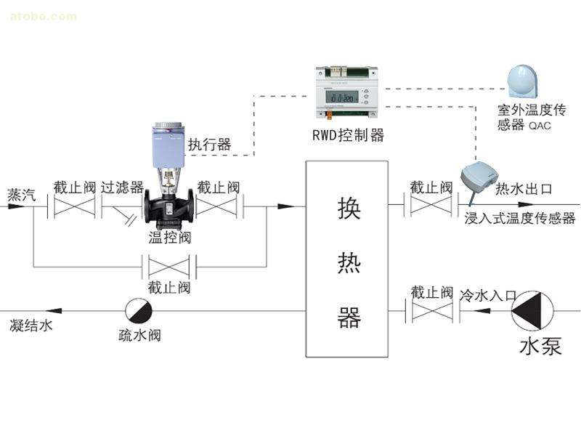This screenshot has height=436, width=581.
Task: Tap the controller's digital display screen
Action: (339, 97)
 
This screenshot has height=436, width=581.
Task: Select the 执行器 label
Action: (209, 145)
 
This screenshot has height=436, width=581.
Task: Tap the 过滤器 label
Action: (123, 187)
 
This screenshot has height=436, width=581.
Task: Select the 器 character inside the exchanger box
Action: (349, 317)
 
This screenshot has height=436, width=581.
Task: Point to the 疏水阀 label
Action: (139, 336)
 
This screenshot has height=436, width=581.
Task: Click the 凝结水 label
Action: (31, 326)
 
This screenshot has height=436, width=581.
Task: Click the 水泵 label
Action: (540, 347)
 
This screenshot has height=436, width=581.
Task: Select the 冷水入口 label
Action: (487, 296)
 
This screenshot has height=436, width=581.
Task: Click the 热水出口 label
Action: (523, 189)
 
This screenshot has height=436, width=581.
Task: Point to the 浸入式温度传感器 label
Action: (519, 218)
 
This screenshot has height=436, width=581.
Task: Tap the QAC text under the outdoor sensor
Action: (540, 125)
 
